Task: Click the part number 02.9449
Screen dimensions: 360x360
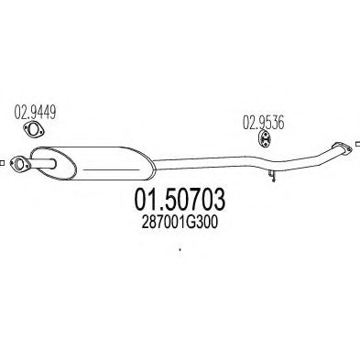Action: point(35,112)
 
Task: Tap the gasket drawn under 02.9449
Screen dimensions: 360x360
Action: point(34,129)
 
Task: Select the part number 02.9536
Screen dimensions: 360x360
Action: point(263,122)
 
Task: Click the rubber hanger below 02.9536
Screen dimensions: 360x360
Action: point(265,139)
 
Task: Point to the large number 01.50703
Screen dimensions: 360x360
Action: point(180,199)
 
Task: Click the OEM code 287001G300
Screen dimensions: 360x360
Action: point(180,223)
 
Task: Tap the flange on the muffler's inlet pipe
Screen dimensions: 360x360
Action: point(20,164)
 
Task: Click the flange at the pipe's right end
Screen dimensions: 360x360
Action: point(342,148)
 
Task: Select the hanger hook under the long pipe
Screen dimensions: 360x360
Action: point(272,176)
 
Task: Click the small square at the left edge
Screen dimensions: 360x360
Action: point(2,163)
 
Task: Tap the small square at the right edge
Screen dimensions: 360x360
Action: point(358,144)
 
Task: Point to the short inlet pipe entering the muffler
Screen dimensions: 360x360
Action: point(43,164)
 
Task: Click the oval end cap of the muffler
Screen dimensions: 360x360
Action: point(54,163)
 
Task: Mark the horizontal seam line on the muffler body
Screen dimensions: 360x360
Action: point(109,169)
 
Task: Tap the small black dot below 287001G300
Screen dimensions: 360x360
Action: point(180,250)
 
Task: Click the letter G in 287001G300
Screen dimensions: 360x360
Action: point(191,223)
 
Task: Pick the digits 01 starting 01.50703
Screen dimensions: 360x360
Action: point(146,199)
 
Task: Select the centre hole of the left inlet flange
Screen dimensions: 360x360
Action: point(19,164)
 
